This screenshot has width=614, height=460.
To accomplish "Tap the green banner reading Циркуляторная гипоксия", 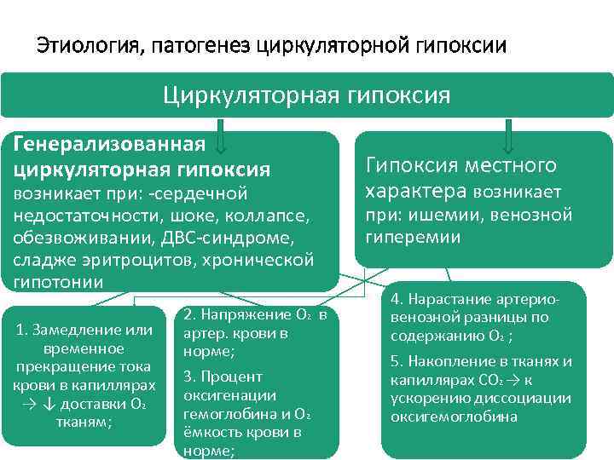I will tap(306, 95).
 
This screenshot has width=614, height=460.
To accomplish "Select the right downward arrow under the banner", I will tap(510, 136).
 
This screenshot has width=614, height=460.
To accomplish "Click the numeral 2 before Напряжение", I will tap(188, 314).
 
